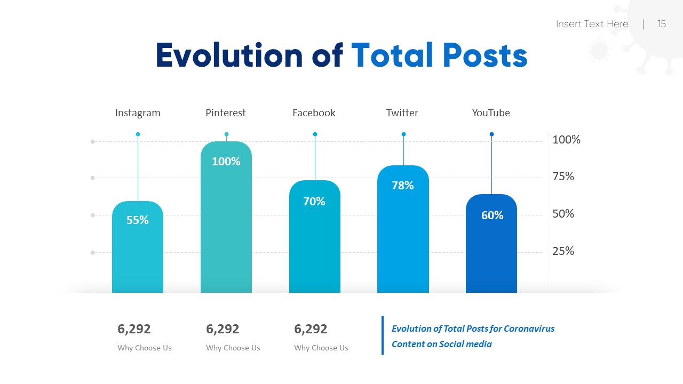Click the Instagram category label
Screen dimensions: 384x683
[138, 113]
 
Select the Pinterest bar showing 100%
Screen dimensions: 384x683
[226, 224]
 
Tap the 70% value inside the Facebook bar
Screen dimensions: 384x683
[314, 202]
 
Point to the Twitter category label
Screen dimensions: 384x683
[402, 113]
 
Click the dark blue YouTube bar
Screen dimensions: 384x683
[491, 251]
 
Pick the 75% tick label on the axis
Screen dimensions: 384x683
[563, 177]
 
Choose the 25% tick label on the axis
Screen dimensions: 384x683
[563, 251]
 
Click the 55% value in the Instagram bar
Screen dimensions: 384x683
[138, 220]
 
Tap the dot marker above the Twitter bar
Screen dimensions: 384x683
[403, 134]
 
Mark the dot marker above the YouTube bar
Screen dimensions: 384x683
[491, 134]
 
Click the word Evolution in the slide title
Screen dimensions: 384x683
[229, 55]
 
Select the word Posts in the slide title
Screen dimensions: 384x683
[485, 55]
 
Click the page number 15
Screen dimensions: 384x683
[662, 24]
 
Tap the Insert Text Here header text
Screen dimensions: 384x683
[592, 24]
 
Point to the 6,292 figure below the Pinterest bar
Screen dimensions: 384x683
[223, 329]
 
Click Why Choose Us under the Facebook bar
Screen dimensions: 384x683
[321, 348]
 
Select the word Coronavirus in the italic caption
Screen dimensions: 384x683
[529, 329]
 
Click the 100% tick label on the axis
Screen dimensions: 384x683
[566, 140]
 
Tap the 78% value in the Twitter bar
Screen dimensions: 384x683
[403, 186]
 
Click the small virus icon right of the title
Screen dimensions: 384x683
[599, 51]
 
